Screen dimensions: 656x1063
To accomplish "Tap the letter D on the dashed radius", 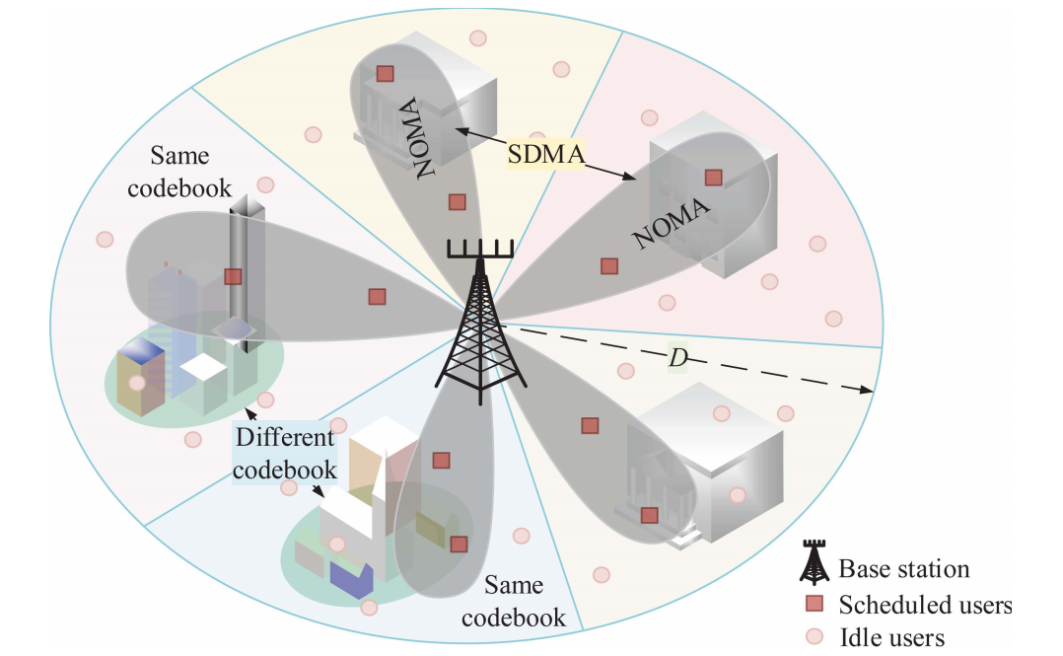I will (677, 359).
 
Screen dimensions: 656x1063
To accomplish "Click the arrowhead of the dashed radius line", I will (869, 392).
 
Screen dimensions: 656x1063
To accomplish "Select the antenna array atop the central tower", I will (480, 248).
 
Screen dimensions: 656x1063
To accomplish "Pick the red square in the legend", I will (815, 604).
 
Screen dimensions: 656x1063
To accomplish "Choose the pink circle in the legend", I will (815, 636).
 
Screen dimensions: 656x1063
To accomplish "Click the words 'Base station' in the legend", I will (904, 569).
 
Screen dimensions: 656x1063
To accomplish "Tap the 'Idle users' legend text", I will (891, 637).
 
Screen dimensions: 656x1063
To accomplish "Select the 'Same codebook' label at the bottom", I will (514, 602).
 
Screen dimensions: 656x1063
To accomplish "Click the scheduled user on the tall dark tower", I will (233, 277).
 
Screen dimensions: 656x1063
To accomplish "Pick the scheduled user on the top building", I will (385, 73).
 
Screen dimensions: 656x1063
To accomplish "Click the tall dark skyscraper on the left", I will (242, 266).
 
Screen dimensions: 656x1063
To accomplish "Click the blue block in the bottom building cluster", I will (352, 579).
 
